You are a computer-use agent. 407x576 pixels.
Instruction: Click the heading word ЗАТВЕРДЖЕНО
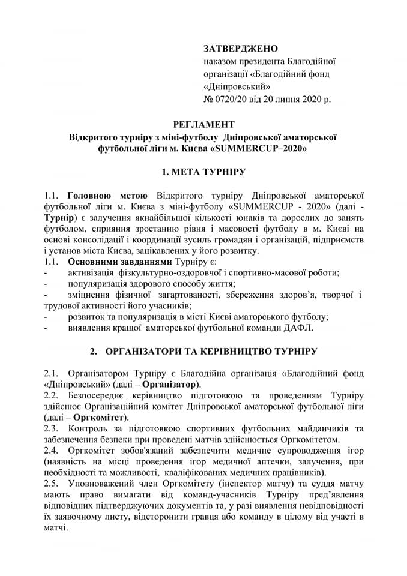(x=241, y=47)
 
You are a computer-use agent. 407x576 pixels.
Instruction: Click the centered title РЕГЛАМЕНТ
(x=203, y=125)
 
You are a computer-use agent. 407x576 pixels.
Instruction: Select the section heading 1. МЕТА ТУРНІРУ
(x=203, y=172)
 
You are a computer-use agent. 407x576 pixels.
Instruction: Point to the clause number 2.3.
(x=51, y=428)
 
